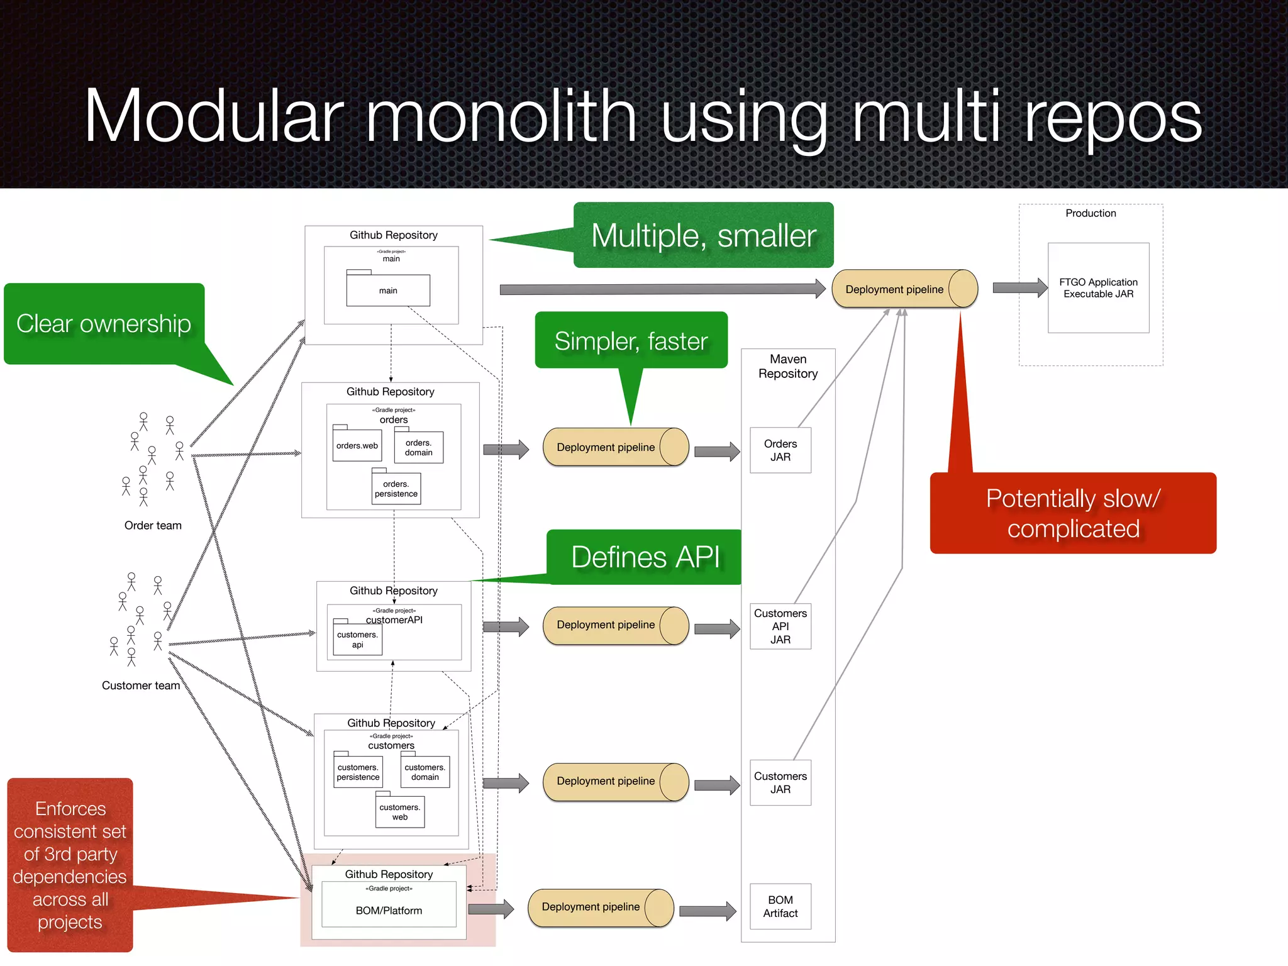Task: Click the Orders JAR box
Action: coord(780,450)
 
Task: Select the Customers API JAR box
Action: coord(780,626)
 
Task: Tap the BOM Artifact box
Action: coord(780,906)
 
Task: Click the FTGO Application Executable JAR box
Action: coord(1098,288)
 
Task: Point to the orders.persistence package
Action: coord(396,489)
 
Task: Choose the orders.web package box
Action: coord(357,445)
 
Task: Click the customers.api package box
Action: coord(357,639)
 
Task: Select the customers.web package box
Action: coord(400,812)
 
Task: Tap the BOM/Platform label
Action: coord(389,911)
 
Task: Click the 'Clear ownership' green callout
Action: coord(104,324)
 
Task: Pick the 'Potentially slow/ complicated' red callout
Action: coord(1073,513)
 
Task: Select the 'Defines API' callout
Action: coord(645,557)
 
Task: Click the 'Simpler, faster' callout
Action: coord(631,341)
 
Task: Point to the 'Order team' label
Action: coord(153,525)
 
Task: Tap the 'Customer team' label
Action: coord(141,686)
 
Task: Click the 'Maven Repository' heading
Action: coord(787,366)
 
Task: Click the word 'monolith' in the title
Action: coord(501,117)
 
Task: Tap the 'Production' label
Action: coord(1091,213)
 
